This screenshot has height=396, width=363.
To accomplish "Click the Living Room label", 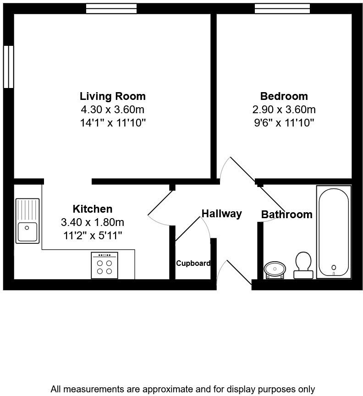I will [x=113, y=96].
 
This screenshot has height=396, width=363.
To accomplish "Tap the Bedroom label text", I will [x=284, y=96].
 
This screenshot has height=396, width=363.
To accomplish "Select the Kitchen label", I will [x=93, y=209].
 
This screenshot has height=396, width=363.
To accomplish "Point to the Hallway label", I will [x=222, y=214].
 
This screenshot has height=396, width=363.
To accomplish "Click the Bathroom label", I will [x=286, y=214].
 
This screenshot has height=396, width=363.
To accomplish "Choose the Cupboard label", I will [x=193, y=263].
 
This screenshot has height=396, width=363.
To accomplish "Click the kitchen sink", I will [x=27, y=220].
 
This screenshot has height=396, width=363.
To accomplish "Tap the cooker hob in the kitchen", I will [x=104, y=265].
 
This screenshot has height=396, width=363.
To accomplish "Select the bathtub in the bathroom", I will [x=334, y=232].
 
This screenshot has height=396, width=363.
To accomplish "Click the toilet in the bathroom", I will [x=303, y=265].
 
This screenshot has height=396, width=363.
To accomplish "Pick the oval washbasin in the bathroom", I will [x=275, y=269].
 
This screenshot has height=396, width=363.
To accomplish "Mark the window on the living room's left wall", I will [x=8, y=66].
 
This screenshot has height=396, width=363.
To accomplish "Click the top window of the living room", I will [x=111, y=8].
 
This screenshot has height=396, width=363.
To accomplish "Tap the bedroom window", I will [x=282, y=8].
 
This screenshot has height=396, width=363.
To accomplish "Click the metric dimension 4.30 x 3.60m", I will [x=113, y=110].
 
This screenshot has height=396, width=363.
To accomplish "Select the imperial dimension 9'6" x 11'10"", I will [x=284, y=122].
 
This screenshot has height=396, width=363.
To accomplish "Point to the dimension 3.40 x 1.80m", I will [x=93, y=222].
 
